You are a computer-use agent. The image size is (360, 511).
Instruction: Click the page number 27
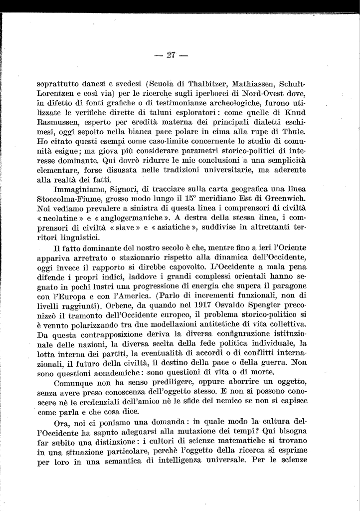pos(172,55)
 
